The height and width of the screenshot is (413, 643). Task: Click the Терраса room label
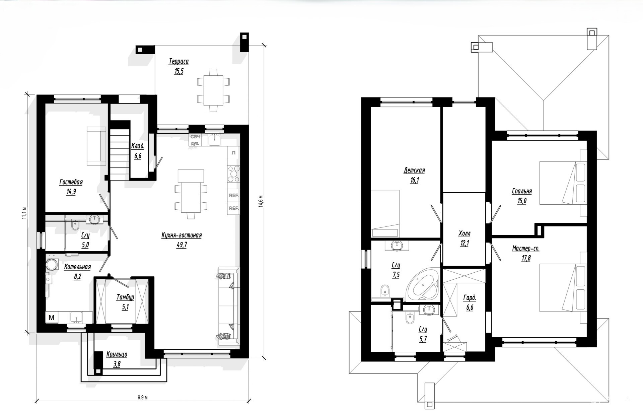(179, 61)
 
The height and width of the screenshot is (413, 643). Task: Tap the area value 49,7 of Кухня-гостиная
(182, 245)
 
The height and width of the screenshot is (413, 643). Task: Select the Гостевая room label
(71, 182)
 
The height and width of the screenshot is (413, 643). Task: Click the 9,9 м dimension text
(143, 398)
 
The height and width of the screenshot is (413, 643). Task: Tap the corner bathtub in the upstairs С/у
(423, 283)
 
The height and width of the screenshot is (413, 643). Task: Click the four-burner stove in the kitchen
(234, 174)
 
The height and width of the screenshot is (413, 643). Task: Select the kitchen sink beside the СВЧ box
(214, 140)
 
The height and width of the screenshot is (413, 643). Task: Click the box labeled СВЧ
(195, 137)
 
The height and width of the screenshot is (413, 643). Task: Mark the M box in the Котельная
(52, 318)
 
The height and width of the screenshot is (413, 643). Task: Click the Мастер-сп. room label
(526, 249)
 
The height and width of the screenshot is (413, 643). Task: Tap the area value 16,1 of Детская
(414, 180)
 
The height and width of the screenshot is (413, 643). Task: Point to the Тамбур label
(125, 297)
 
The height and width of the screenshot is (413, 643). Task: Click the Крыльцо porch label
(117, 354)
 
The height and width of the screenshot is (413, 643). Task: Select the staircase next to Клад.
(120, 155)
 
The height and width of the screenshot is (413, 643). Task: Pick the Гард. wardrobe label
(470, 298)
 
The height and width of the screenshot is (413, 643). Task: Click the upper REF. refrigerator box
(234, 195)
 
